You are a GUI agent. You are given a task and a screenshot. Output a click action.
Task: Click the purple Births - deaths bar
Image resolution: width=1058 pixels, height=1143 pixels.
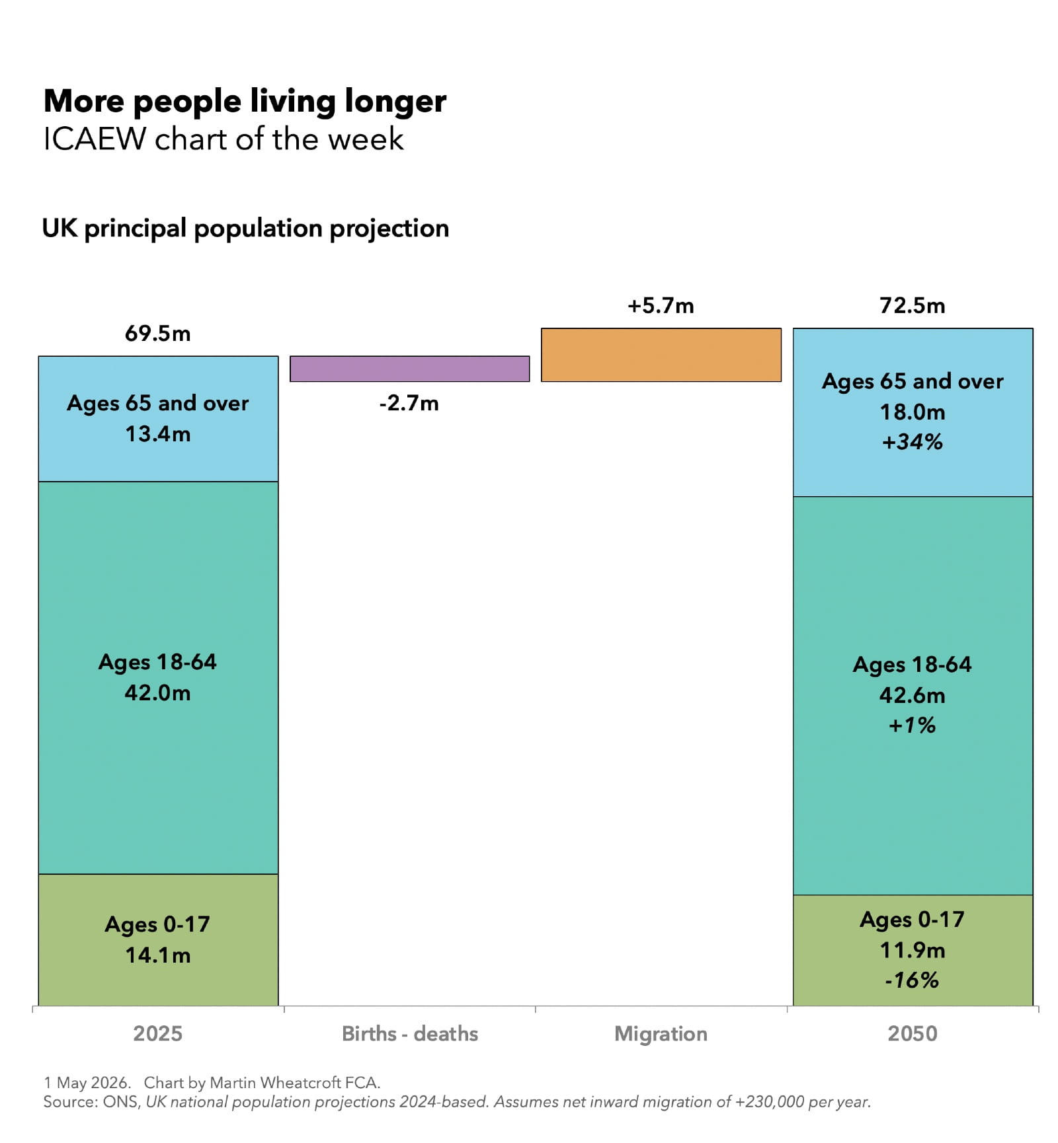pos(409,369)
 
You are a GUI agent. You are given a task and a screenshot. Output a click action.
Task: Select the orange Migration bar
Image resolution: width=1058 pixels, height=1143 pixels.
pos(661,355)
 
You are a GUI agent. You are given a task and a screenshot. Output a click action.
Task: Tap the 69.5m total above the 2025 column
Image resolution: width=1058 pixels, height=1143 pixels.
pos(157,333)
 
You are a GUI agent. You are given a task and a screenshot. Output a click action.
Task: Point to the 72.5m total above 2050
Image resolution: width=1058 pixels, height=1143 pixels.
pos(912,305)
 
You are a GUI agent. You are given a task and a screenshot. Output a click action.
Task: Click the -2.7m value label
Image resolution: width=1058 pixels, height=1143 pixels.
pos(409,403)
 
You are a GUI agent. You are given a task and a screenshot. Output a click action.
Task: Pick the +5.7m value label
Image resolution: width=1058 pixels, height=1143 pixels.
pos(661,305)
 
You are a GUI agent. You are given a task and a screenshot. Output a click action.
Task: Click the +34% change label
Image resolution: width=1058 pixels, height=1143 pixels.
pos(912,441)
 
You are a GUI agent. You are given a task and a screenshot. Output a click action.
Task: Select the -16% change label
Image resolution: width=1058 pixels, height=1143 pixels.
pos(912,980)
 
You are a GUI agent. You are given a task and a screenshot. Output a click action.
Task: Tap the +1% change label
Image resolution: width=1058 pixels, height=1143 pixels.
pos(912,725)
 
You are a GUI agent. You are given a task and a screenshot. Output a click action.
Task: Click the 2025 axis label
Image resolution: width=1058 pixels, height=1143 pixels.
pos(157,1033)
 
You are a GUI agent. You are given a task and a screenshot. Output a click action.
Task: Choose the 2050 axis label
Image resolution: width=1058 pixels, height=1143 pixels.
pos(912,1033)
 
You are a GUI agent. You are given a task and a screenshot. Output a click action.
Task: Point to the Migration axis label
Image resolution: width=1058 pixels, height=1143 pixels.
pos(661,1033)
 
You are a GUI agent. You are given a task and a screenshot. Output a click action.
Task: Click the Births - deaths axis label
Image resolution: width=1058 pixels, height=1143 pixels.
pos(409,1033)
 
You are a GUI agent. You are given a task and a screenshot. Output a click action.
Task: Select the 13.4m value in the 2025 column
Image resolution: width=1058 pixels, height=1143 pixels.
pos(157,433)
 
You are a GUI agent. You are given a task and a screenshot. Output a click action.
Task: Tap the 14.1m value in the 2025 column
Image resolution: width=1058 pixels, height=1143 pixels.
pos(157,955)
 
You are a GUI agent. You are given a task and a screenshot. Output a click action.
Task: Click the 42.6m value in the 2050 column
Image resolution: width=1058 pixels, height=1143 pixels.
pos(912,695)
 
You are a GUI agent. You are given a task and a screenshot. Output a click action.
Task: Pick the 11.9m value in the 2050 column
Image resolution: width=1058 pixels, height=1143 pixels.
pos(912,950)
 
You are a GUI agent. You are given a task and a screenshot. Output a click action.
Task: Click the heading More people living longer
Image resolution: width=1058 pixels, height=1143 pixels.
pos(245,101)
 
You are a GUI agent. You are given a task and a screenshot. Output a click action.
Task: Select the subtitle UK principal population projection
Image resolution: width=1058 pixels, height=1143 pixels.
pos(245,228)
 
